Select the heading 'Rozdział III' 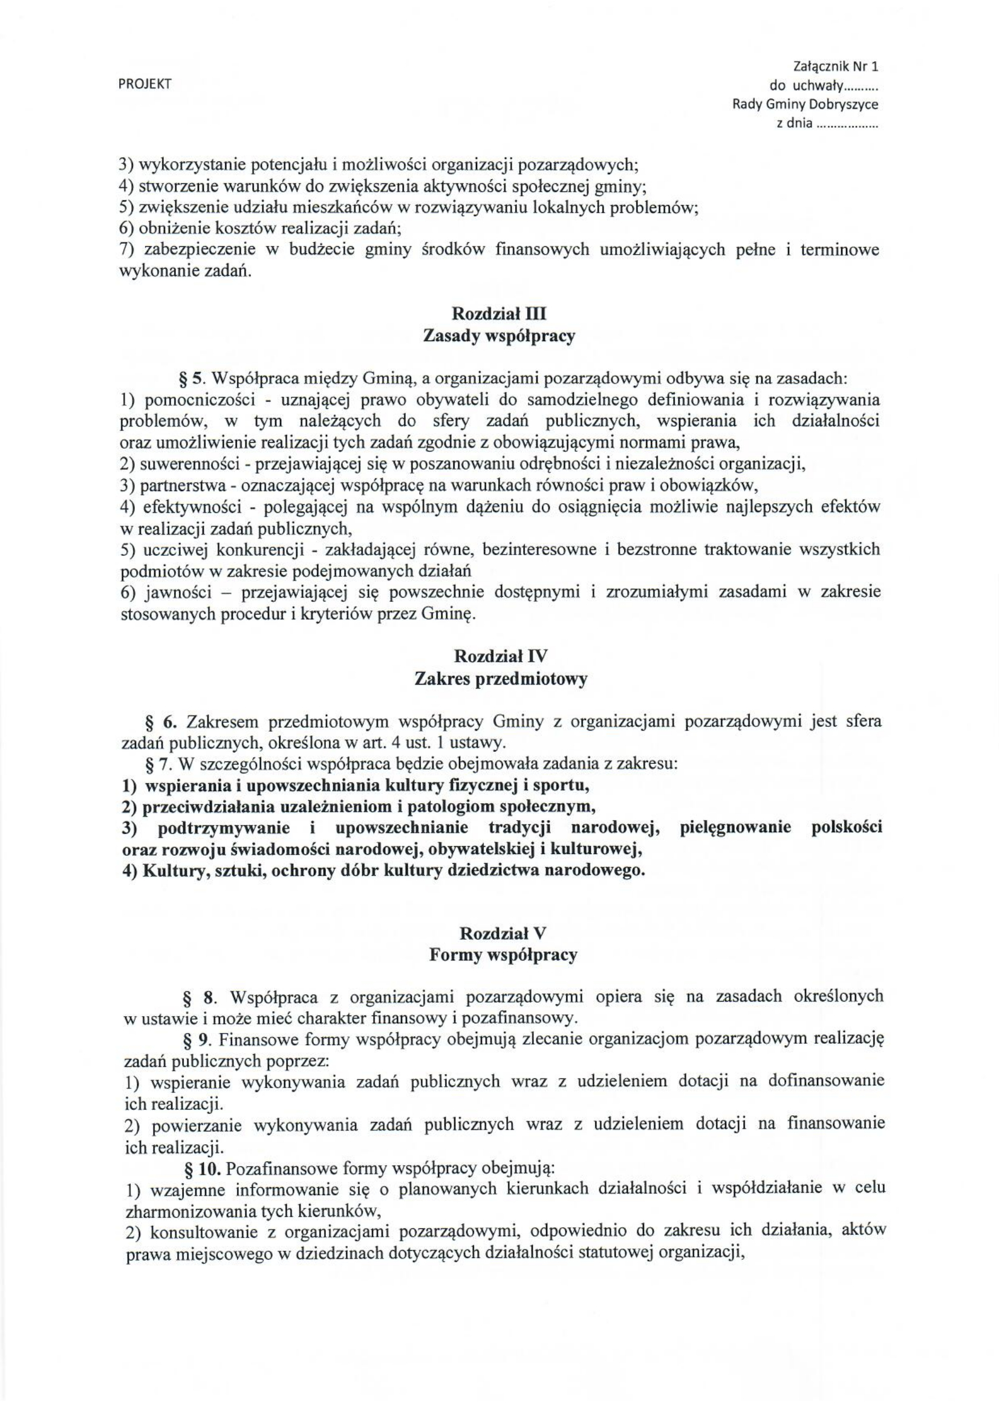click(499, 314)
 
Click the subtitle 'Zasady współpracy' click(499, 337)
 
